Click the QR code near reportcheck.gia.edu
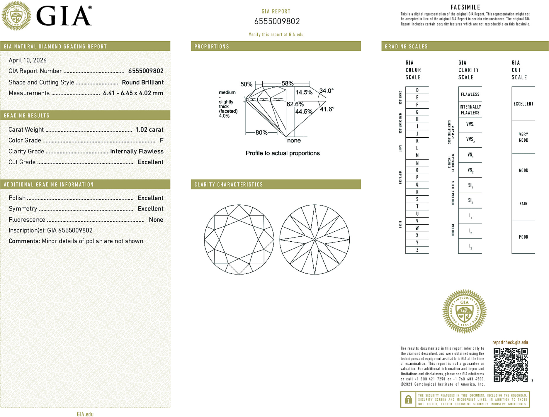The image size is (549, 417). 510,365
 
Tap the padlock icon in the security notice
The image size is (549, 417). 408,399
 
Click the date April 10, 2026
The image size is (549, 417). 28,60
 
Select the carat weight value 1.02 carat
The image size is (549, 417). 149,130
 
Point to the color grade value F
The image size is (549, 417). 162,140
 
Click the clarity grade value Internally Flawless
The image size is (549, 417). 137,151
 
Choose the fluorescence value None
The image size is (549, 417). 156,220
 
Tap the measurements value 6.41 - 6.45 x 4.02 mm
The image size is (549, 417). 133,93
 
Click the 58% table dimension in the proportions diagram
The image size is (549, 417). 287,83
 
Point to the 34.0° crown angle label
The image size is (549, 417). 326,91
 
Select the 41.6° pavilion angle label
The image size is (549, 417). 327,109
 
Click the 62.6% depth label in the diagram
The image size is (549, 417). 295,104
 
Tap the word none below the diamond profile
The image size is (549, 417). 294,140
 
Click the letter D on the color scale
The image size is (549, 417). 417,90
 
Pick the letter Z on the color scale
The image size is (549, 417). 417,250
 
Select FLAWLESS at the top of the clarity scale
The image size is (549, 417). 470,94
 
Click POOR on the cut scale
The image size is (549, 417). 523,237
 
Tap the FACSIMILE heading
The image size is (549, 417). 465,7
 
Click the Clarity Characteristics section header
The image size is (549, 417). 229,184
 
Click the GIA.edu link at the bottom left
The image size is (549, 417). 85,414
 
